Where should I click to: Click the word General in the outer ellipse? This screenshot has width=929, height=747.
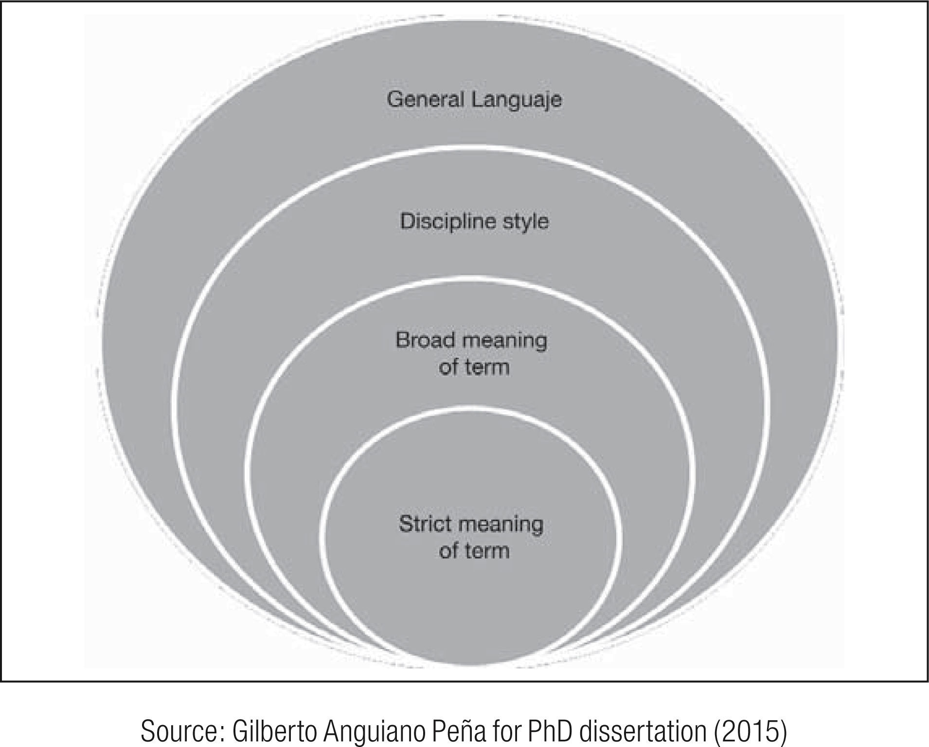[x=425, y=100]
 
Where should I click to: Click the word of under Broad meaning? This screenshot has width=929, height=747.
[x=448, y=367]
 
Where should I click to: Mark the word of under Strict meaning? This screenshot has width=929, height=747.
[x=448, y=551]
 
